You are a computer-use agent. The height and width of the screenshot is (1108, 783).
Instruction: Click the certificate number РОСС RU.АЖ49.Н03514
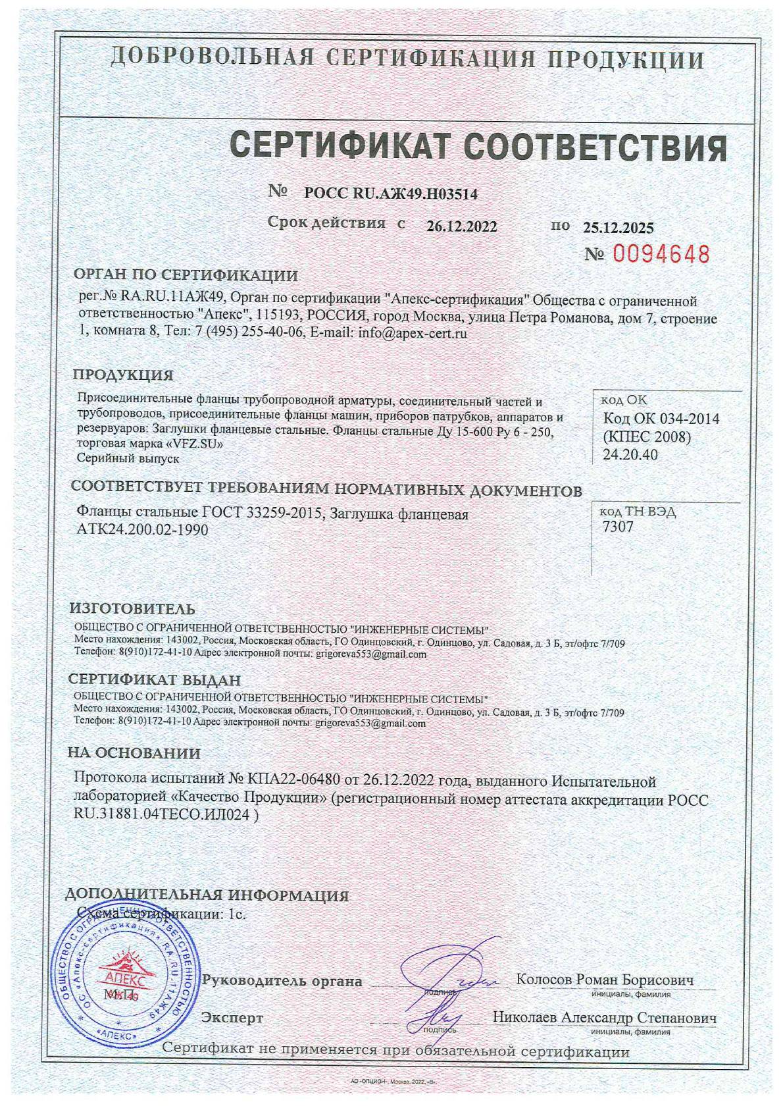coord(391,194)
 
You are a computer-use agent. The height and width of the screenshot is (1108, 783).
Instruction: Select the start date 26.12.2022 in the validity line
coord(461,226)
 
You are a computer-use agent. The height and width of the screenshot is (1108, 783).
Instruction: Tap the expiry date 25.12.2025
coord(619,228)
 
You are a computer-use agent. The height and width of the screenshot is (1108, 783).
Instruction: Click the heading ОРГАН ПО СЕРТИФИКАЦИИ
coord(186,275)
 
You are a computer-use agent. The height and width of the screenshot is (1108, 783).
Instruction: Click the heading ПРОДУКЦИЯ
coord(123,375)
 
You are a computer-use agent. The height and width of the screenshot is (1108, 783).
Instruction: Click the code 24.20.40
coord(630,454)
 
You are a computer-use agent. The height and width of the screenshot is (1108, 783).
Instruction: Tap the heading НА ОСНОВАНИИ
coord(135,753)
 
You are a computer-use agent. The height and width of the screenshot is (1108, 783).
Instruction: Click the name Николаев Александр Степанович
coord(604,1017)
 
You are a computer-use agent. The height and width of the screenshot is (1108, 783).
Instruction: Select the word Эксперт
coord(232,1018)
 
